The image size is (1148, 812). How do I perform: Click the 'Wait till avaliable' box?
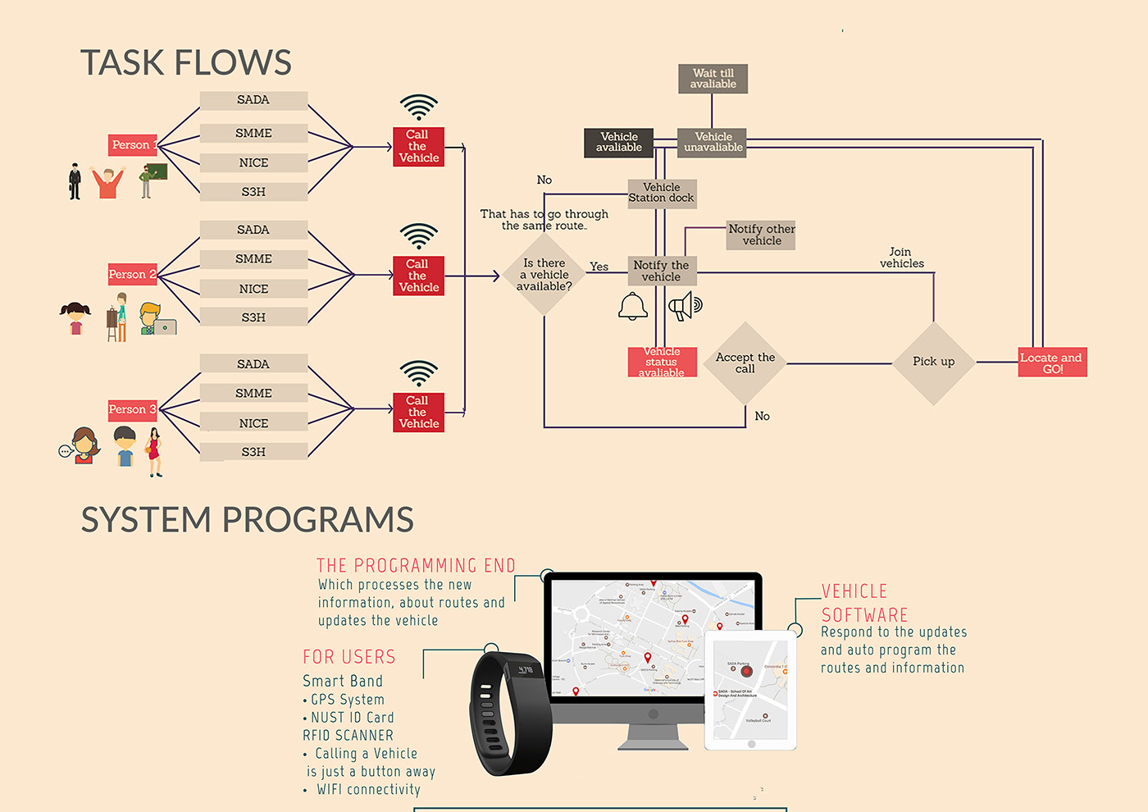pos(713,79)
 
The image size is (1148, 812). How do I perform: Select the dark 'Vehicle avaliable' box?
pos(619,143)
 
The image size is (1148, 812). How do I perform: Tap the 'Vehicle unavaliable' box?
pos(713,143)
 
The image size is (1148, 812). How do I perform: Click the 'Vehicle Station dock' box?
pos(662,194)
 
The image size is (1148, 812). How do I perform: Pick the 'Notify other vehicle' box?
pos(761,235)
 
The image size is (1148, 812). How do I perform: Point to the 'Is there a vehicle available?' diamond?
pos(544,275)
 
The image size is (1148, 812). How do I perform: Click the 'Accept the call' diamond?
pos(745,363)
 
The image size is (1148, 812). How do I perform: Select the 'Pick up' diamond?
pos(933,363)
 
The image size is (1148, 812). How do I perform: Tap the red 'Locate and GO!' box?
pos(1052,363)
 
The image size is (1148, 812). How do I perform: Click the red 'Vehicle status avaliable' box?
pos(662,362)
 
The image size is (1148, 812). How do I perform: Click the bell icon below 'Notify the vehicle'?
pos(632,307)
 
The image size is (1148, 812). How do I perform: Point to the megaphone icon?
pos(685,308)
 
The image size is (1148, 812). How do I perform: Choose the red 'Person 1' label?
pos(132,145)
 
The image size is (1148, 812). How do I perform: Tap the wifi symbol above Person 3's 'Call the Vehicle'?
pos(418,373)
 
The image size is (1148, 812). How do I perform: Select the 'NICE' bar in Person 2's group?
pos(253,289)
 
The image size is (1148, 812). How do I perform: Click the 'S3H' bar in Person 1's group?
pos(253,192)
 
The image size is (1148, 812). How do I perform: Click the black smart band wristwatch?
pos(509,711)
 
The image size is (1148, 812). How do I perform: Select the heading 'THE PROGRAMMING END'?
pos(416,566)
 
